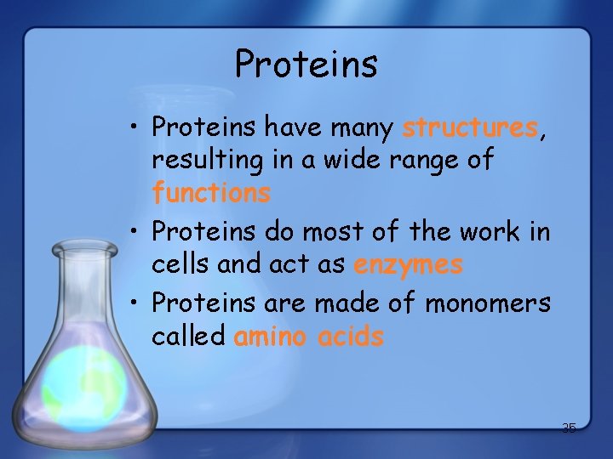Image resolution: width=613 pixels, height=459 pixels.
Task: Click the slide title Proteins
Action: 306,64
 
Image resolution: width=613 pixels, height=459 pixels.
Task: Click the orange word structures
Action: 469,128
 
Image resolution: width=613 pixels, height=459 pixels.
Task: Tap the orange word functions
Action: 211,193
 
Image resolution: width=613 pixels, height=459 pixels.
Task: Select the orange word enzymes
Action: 408,265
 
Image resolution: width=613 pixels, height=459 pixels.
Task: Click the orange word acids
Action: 350,337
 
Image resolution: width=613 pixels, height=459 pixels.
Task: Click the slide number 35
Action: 569,428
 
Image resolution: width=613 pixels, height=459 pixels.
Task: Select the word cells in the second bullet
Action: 180,265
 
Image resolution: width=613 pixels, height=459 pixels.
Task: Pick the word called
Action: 188,337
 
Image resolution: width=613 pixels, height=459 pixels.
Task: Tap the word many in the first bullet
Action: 358,128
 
